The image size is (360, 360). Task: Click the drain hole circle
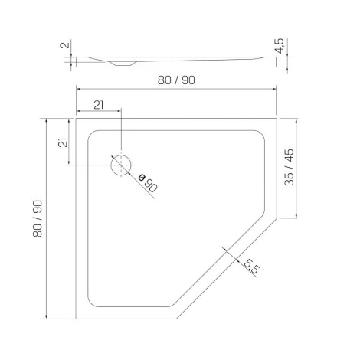click(x=110, y=165)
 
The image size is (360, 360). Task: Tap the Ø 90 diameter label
click(x=148, y=183)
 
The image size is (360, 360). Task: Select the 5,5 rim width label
click(x=251, y=267)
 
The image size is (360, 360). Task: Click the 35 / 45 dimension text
click(x=290, y=167)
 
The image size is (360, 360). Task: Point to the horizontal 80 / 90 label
click(x=176, y=80)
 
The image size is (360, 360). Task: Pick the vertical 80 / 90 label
click(x=38, y=219)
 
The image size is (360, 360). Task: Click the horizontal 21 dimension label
click(x=98, y=105)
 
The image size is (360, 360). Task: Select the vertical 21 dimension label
click(x=63, y=142)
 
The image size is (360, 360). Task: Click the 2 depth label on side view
click(x=65, y=45)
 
